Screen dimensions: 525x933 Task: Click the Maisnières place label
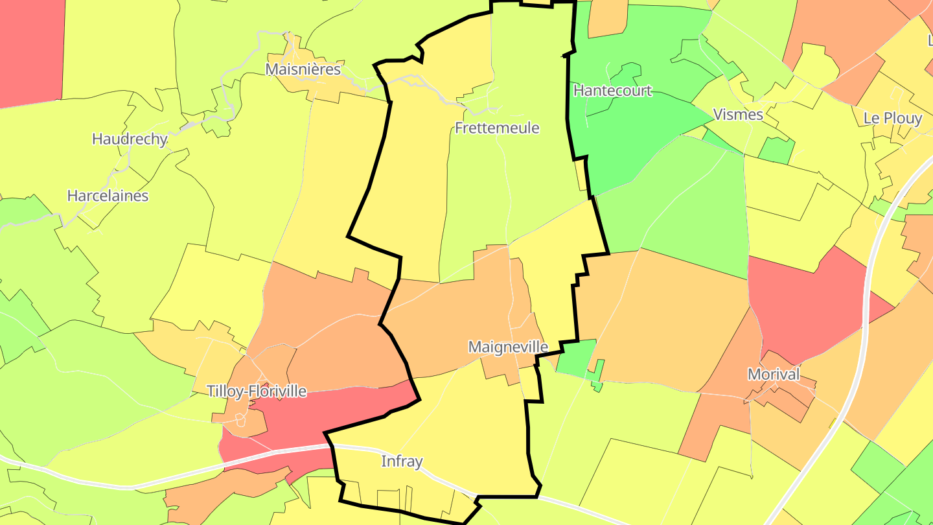[303, 69]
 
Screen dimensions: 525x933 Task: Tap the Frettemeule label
[497, 128]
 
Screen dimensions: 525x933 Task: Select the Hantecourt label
[612, 90]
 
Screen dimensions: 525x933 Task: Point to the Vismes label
[737, 115]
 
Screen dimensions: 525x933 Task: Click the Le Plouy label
[892, 119]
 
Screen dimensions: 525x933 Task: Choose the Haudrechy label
[130, 139]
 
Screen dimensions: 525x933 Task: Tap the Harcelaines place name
[108, 196]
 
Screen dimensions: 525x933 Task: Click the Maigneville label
[508, 347]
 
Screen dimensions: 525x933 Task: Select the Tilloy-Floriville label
[256, 391]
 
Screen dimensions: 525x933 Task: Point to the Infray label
[402, 461]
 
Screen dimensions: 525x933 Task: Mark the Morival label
[774, 374]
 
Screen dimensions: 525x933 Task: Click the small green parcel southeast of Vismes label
[777, 151]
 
